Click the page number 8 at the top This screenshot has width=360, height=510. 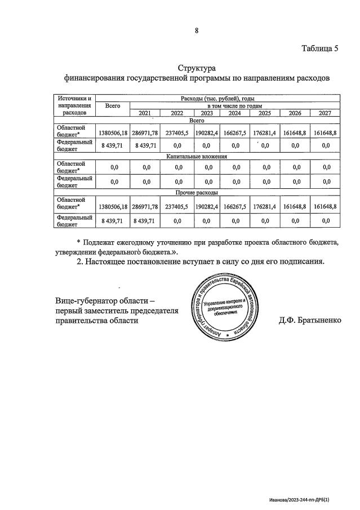pyautogui.click(x=197, y=30)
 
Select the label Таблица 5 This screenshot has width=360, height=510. pyautogui.click(x=319, y=48)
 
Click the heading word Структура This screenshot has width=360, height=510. pyautogui.click(x=197, y=68)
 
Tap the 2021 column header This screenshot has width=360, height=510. pyautogui.click(x=145, y=113)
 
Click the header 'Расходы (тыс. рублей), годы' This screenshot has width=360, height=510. pyautogui.click(x=217, y=98)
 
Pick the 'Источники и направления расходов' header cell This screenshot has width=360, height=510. pyautogui.click(x=74, y=105)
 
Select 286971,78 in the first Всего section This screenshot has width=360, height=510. pyautogui.click(x=145, y=134)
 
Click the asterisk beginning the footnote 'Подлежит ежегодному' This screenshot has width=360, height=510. pyautogui.click(x=79, y=242)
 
